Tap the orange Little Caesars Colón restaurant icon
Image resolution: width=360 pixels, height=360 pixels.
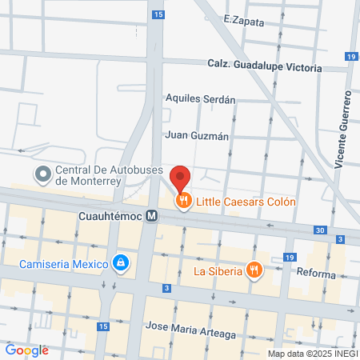coord(184,202)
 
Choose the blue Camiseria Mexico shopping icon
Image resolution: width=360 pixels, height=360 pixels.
coord(121,262)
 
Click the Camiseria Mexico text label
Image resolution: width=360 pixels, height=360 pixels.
coord(65,262)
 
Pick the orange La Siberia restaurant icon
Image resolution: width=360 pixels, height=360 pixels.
coord(254,270)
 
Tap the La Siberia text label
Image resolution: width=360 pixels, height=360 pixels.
coord(220,270)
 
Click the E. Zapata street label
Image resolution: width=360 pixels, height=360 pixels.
coord(244,21)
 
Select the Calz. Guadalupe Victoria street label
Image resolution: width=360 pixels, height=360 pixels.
coord(264,64)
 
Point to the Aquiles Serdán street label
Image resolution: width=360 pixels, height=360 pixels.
coord(200,99)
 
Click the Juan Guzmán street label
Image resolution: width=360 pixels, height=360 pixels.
coord(197,135)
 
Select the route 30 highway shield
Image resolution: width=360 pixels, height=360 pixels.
coord(320,230)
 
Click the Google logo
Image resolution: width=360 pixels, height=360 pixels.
coord(26,350)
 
